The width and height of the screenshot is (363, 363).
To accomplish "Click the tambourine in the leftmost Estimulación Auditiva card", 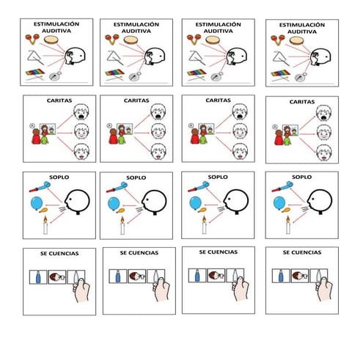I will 52,41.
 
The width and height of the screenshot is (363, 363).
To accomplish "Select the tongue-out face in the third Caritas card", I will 239,153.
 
